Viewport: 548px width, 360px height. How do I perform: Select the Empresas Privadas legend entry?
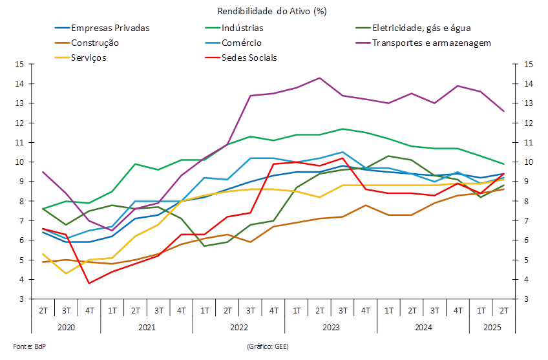pyautogui.click(x=111, y=28)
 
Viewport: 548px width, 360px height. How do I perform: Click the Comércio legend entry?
pyautogui.click(x=240, y=43)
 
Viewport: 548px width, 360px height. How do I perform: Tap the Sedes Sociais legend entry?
pyautogui.click(x=249, y=57)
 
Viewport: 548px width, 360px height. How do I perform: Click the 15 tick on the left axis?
pyautogui.click(x=19, y=65)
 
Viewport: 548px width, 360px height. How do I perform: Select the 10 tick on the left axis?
pyautogui.click(x=19, y=162)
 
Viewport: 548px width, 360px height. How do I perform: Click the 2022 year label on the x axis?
pyautogui.click(x=238, y=328)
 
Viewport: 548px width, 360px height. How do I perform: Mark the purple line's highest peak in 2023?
pyautogui.click(x=319, y=78)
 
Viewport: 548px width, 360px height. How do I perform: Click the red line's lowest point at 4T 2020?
pyautogui.click(x=89, y=283)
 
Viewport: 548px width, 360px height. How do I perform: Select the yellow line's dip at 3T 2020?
pyautogui.click(x=66, y=273)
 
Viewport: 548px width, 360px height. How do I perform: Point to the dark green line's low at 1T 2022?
pyautogui.click(x=204, y=246)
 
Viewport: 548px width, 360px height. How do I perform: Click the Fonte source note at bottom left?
pyautogui.click(x=20, y=346)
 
